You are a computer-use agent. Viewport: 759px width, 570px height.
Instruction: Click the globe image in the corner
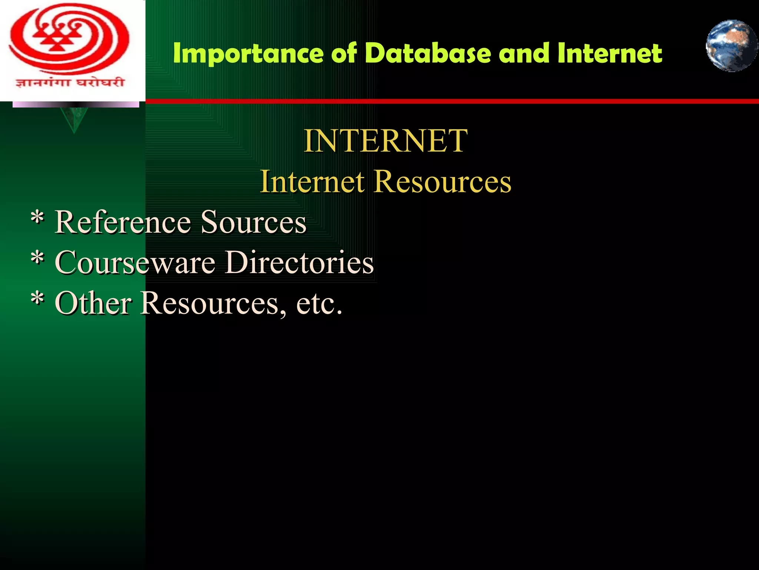click(x=731, y=46)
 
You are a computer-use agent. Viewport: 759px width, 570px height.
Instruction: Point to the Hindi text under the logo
click(x=69, y=82)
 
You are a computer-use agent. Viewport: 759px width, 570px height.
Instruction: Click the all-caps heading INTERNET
click(x=385, y=141)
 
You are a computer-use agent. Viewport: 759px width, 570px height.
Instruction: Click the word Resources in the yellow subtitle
click(x=443, y=181)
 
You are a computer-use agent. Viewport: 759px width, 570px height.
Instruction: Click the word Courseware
click(x=135, y=262)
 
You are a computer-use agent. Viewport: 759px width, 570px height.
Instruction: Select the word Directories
click(x=299, y=262)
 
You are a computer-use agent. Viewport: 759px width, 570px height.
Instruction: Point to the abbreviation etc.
click(x=319, y=304)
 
